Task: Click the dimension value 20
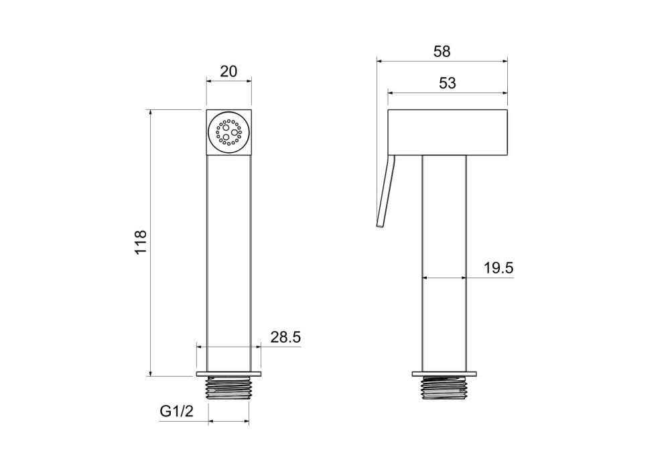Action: [x=228, y=71]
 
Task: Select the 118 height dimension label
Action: [x=141, y=242]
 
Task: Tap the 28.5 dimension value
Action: [x=285, y=337]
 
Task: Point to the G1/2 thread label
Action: [x=176, y=412]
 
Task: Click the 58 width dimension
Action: [x=442, y=52]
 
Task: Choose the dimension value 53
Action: [x=448, y=83]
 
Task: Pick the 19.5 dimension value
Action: [x=498, y=268]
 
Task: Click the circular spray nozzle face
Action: [x=228, y=132]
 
